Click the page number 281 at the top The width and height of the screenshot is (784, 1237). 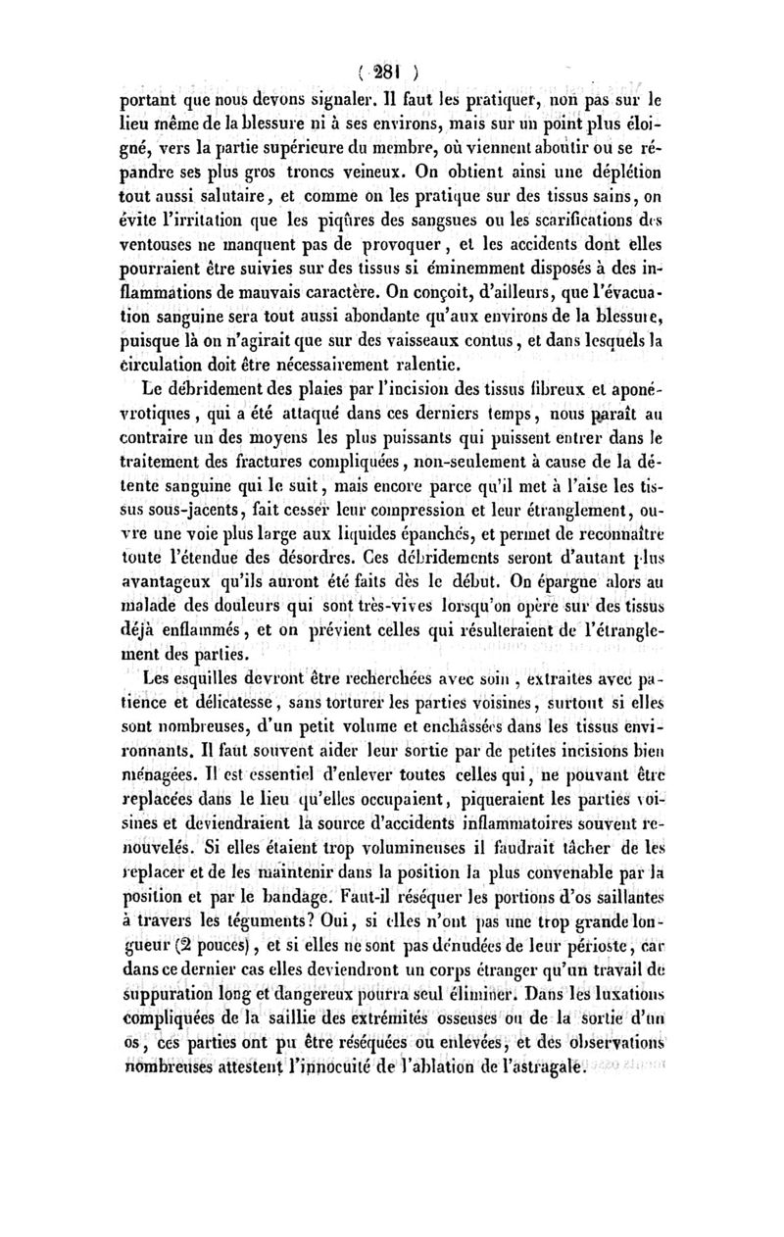coord(393,71)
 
